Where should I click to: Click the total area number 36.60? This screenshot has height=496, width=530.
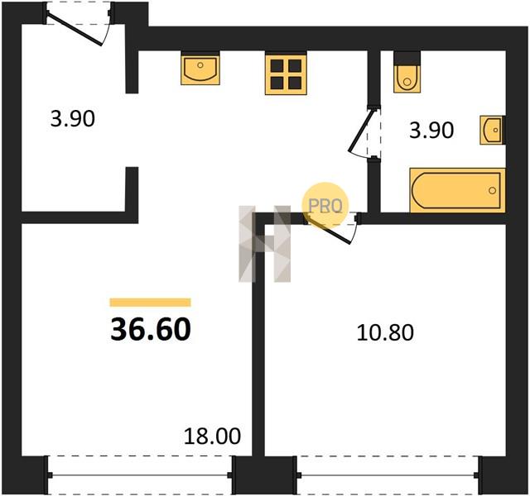pos(151,329)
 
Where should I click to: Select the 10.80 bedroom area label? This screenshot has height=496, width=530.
pos(385,332)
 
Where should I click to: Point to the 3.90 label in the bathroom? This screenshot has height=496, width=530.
pos(431,131)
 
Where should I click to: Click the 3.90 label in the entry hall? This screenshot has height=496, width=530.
pos(73,119)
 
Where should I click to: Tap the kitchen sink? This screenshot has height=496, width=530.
pos(200,69)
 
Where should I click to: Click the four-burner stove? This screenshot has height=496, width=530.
pos(286,74)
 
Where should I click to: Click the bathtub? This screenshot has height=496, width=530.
pos(457,190)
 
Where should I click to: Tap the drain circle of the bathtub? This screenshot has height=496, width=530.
pos(492,191)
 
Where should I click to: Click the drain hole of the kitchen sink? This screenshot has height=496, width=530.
pos(200,64)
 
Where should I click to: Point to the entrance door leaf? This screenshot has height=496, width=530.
pos(75,30)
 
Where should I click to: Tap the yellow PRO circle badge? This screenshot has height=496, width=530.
pos(325,205)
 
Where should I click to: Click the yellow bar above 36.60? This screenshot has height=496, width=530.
pos(151,303)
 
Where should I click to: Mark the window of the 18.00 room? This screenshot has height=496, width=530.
pos(140,475)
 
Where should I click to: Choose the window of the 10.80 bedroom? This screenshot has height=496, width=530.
pos(388,475)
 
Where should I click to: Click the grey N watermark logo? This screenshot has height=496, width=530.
pos(265,244)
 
